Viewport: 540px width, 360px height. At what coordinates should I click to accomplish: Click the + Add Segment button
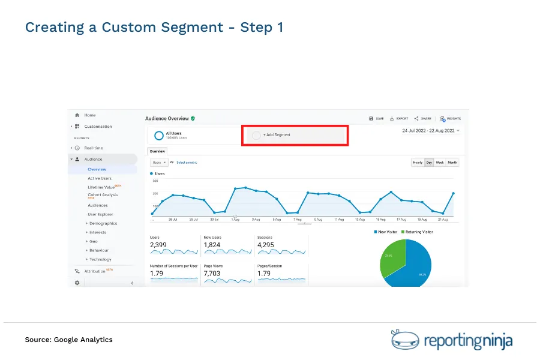(x=277, y=135)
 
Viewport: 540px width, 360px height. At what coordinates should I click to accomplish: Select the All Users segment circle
(x=159, y=136)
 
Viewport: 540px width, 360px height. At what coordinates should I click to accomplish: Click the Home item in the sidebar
(x=89, y=115)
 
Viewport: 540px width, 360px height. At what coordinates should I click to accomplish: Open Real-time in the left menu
(x=93, y=148)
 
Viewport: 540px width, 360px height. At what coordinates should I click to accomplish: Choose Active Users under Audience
(x=100, y=178)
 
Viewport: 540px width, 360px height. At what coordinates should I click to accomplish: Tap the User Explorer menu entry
(x=100, y=214)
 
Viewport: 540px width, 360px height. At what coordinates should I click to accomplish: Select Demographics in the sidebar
(x=103, y=223)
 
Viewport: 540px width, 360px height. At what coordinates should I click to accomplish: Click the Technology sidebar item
(x=100, y=260)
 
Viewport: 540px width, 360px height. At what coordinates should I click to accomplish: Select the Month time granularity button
(x=452, y=163)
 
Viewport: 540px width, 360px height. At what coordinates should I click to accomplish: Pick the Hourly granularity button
(x=418, y=163)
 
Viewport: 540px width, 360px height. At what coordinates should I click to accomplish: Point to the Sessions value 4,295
(x=266, y=245)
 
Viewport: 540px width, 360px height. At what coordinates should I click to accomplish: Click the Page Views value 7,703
(x=212, y=274)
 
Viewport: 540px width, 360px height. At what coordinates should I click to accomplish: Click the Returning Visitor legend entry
(x=418, y=232)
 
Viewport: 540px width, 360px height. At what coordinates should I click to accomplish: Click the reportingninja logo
(x=452, y=340)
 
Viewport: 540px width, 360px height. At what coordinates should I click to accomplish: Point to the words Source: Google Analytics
(x=68, y=340)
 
